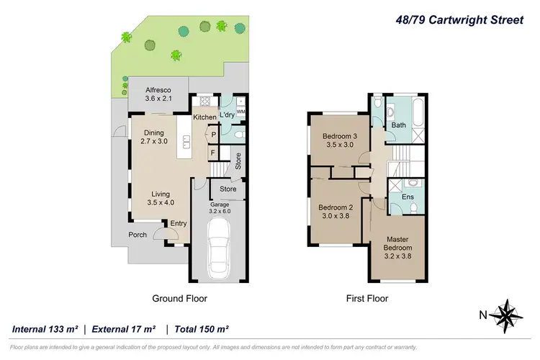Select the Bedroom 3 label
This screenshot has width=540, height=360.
(x=338, y=141)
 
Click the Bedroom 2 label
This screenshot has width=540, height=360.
(x=333, y=212)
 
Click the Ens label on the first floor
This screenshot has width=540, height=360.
(x=408, y=196)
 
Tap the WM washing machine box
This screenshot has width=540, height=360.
(x=240, y=111)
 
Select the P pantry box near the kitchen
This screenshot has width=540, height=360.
(x=214, y=134)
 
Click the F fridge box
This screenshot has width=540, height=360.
(x=213, y=153)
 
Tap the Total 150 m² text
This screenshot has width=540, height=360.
(x=200, y=329)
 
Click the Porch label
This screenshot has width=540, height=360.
(x=138, y=234)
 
